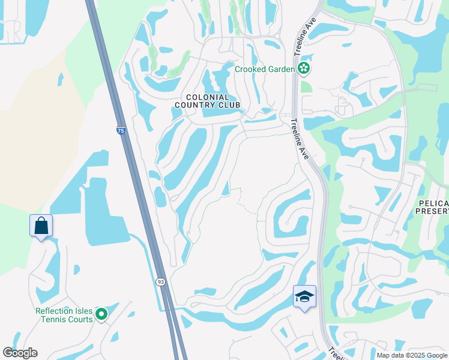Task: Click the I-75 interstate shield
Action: (121, 130)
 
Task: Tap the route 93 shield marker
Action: (160, 282)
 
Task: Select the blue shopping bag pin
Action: (41, 226)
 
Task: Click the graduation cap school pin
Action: (304, 297)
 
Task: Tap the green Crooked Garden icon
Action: (304, 69)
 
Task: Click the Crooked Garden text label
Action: (265, 69)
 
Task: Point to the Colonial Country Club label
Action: (207, 101)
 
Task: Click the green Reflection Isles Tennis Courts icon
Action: (101, 314)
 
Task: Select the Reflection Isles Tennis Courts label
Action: (64, 315)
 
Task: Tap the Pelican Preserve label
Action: (432, 206)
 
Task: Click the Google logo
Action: (20, 353)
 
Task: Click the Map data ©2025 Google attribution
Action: (411, 355)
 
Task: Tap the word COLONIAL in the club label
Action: (207, 97)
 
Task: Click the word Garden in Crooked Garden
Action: (281, 69)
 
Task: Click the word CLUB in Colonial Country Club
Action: (229, 105)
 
